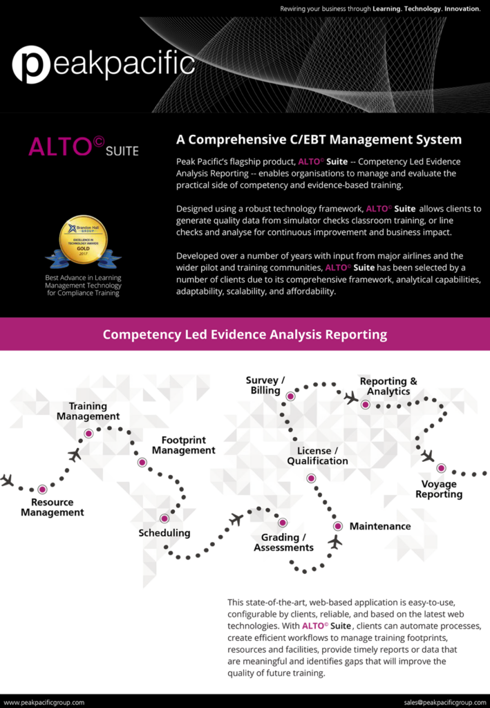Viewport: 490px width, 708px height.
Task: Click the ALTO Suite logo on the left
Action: pos(84,147)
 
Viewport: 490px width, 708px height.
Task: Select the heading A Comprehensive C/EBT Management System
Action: pos(319,140)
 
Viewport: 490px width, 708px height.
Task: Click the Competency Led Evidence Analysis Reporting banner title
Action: pos(245,335)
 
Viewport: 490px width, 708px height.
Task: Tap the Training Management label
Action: pos(88,411)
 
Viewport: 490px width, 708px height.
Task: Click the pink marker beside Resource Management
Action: pos(43,489)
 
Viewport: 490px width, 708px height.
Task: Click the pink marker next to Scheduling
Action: pos(164,519)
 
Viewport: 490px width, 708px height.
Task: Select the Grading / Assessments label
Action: pos(283,542)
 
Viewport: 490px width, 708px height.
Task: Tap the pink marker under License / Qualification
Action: pos(311,478)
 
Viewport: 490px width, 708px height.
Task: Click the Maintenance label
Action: pos(380,526)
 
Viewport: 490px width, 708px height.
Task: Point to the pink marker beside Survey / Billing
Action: pos(291,396)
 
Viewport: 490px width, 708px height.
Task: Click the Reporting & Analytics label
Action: pos(388,386)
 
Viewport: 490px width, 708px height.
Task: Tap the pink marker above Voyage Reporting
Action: pos(441,468)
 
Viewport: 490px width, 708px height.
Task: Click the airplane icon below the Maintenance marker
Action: pos(335,542)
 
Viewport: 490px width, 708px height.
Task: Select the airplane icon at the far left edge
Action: pos(8,480)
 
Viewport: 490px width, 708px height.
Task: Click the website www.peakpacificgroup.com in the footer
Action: pos(44,702)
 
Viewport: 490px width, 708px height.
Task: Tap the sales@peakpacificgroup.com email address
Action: pos(445,702)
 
